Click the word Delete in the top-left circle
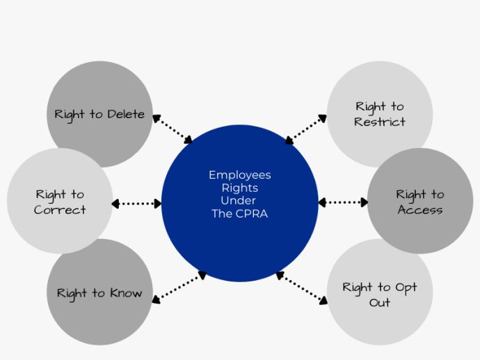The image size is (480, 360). point(125,115)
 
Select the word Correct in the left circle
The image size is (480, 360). point(60,210)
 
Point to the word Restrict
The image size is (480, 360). point(379,122)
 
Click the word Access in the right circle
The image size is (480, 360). point(420,210)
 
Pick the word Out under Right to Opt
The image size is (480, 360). point(380,303)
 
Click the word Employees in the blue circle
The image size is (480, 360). point(240,175)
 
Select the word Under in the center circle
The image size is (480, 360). point(240,201)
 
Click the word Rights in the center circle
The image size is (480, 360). point(240,188)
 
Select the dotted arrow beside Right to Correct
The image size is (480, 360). point(136,204)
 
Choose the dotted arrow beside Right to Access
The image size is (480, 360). point(343,203)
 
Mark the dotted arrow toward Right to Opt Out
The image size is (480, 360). point(301,288)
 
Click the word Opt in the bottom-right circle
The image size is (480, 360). point(406,288)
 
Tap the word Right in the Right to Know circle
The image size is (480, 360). point(72,293)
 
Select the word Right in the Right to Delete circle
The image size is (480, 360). point(70,115)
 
